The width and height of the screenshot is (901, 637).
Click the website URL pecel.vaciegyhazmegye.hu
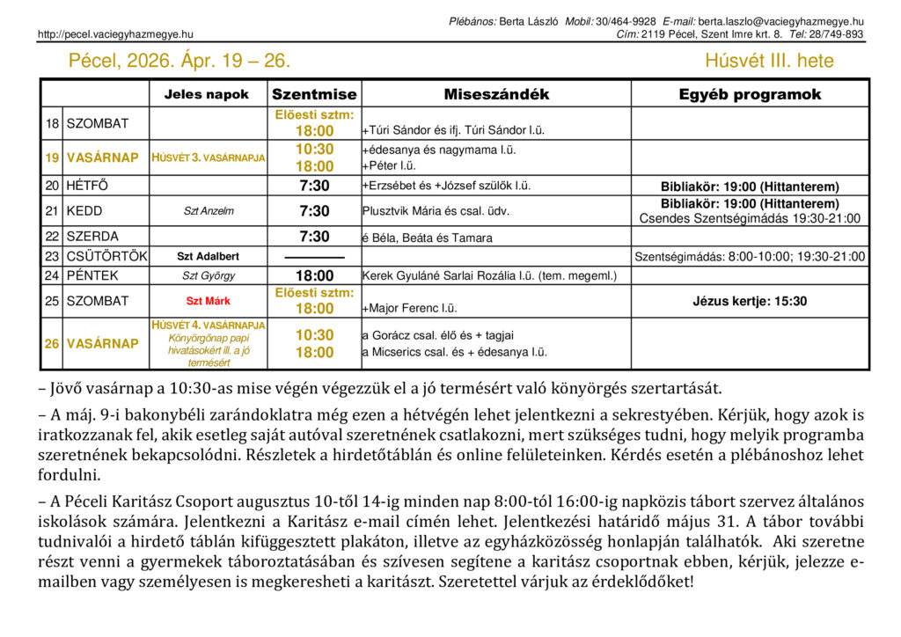click(115, 34)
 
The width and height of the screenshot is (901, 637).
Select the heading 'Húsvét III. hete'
click(769, 61)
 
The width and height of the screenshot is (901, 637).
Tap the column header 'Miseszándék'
click(496, 94)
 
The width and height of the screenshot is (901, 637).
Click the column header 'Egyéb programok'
click(750, 94)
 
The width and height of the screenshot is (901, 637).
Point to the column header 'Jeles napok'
click(207, 94)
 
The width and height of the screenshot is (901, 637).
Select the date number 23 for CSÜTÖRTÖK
click(52, 257)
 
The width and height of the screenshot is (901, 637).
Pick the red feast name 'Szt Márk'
click(208, 301)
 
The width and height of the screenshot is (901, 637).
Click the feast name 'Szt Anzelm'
click(208, 211)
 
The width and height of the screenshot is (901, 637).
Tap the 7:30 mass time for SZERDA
click(314, 237)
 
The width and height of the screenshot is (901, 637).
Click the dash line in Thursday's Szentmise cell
click(314, 257)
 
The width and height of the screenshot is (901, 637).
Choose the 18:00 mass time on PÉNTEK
click(314, 275)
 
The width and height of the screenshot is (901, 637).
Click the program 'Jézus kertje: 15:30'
click(750, 301)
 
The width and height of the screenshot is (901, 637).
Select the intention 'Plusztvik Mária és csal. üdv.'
click(436, 211)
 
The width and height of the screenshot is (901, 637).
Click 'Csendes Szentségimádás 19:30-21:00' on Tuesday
click(750, 218)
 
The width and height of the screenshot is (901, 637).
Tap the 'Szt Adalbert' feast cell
click(208, 257)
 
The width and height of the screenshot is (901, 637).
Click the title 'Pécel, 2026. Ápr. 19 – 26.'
click(179, 61)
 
